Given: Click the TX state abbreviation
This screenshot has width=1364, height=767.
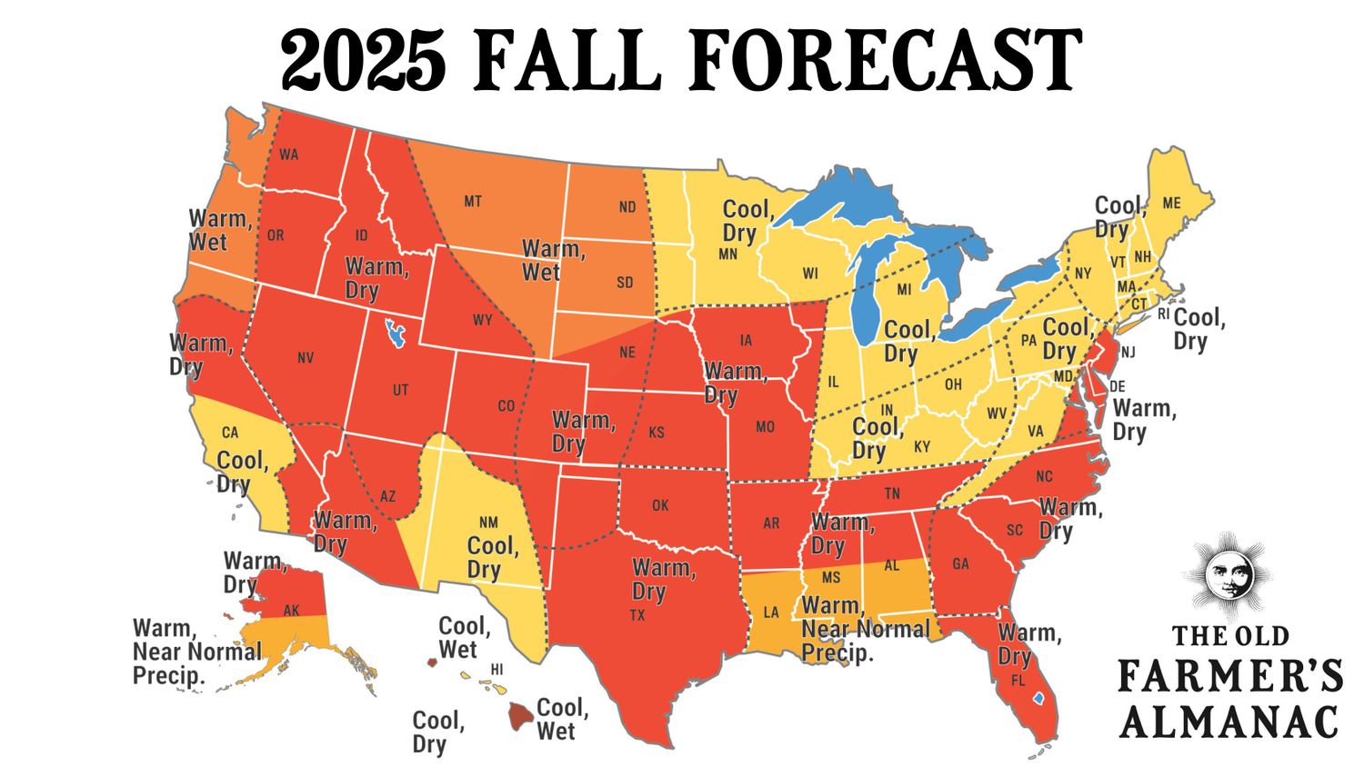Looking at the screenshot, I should coord(637,615).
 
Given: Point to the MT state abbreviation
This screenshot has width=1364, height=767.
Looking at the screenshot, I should coord(473,201).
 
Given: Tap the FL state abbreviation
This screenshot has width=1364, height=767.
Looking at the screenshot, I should coord(1018,680).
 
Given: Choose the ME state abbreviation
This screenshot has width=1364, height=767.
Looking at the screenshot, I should coord(1171,203).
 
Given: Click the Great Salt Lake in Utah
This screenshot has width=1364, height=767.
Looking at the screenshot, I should coord(395,333).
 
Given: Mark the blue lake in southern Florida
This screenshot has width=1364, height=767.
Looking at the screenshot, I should coord(1038,699).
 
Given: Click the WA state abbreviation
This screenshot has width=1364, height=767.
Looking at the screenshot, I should coord(288,154).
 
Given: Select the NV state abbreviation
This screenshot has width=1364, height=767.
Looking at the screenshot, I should coord(306,358).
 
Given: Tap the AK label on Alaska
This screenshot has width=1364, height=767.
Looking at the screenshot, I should coord(291,611).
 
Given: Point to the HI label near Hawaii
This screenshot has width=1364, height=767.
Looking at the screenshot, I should coord(496,670).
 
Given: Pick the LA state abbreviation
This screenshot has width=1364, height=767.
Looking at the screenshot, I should coord(771,613).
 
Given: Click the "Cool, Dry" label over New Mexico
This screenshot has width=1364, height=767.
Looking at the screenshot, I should coord(492,557).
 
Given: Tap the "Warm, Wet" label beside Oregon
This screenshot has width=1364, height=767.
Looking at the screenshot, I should coord(220,231).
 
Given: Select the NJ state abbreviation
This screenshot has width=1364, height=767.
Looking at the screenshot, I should coord(1128,353).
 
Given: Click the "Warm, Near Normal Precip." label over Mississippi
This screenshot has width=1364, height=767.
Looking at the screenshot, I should coord(864,629).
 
